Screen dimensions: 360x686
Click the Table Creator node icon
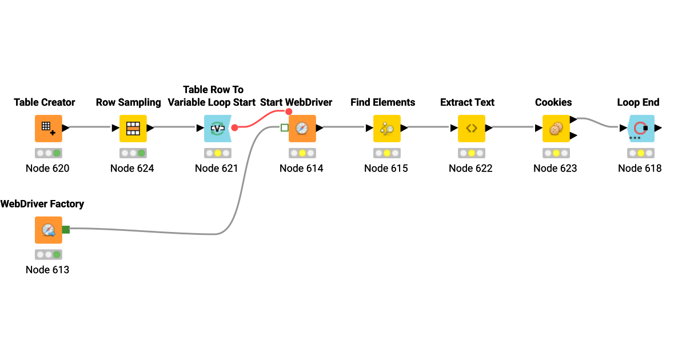49,129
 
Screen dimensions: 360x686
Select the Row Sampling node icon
133,129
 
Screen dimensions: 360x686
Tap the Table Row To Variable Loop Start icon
217,129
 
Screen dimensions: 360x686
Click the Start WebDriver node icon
302,129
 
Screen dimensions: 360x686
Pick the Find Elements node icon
387,129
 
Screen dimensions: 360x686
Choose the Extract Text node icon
472,129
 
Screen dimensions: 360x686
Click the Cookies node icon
556,129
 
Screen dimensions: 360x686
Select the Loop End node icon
640,129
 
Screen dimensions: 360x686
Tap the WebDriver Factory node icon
49,230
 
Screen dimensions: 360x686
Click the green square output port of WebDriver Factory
66,230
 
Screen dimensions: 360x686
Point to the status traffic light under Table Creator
49,153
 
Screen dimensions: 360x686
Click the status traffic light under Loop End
640,153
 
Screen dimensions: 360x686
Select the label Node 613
47,269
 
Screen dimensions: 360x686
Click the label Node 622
470,168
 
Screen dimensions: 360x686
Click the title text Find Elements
382,102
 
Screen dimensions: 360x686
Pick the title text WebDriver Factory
42,204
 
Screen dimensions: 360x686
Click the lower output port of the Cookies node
573,135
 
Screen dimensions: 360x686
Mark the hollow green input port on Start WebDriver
285,127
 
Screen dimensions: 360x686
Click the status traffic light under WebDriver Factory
49,254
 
